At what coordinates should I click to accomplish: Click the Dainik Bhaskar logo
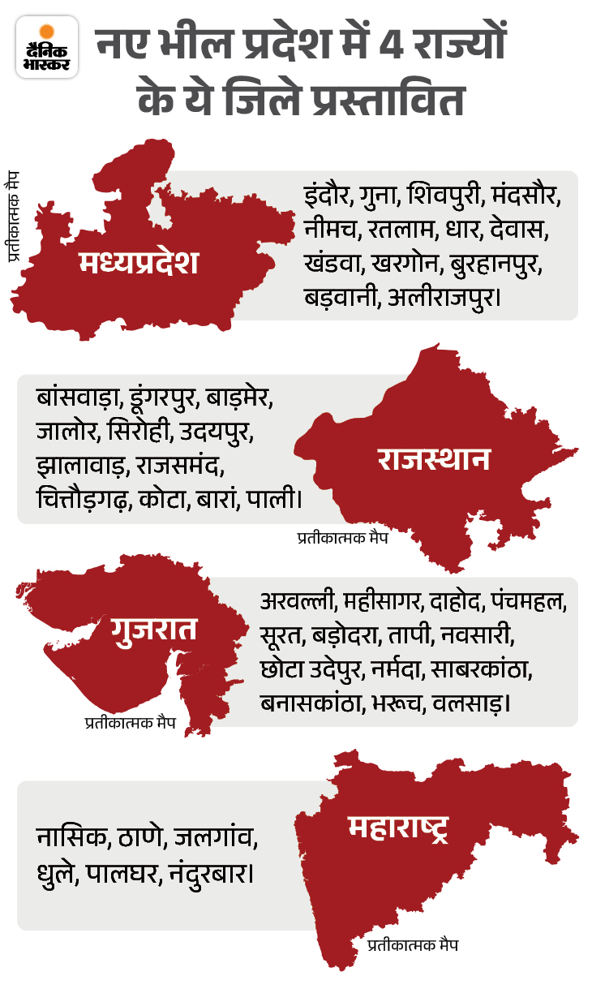click(x=46, y=46)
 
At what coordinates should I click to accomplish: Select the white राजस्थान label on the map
click(x=434, y=459)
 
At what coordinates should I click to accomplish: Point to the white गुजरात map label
click(x=155, y=630)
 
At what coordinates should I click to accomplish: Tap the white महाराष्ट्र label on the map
click(x=398, y=828)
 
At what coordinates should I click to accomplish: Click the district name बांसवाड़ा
click(x=80, y=400)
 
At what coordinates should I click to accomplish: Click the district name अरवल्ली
click(x=298, y=603)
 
